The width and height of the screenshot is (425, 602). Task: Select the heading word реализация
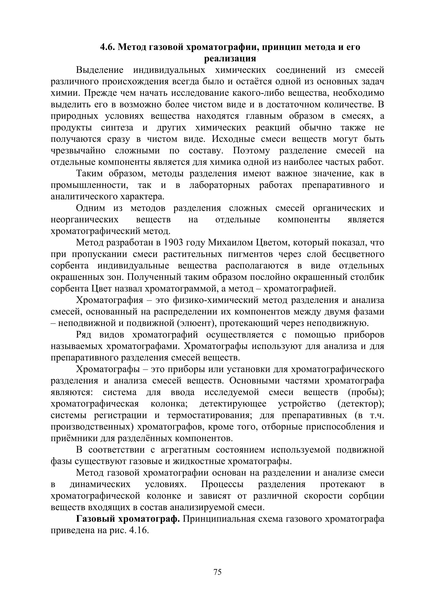[230, 58]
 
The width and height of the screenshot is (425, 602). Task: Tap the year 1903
[173, 242]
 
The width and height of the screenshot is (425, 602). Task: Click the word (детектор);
[361, 404]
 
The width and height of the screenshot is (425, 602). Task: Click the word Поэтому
[251, 151]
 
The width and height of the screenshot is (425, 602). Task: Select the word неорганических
[85, 220]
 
